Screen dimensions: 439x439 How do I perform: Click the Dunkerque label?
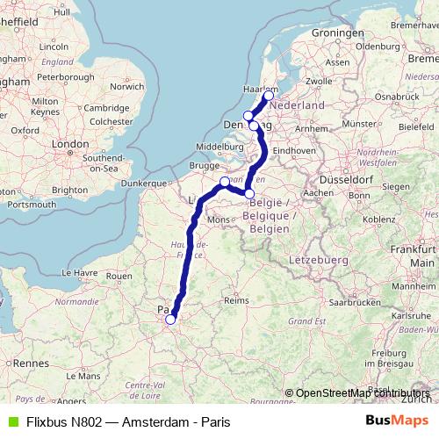pyautogui.click(x=143, y=183)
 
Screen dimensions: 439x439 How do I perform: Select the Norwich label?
pyautogui.click(x=127, y=86)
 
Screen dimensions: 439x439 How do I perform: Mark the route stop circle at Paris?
pyautogui.click(x=170, y=320)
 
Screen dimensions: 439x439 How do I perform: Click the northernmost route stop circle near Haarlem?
pyautogui.click(x=269, y=96)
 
